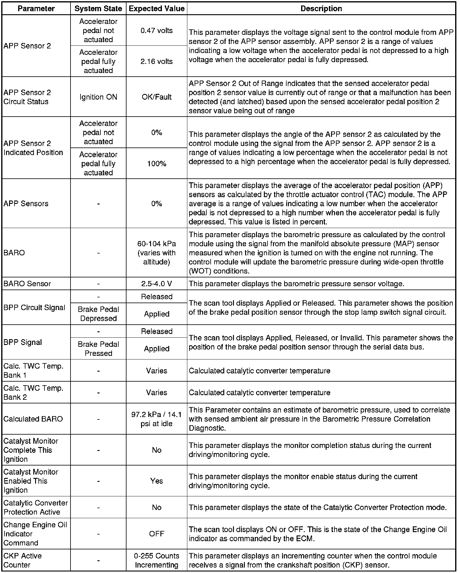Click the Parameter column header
pos(36,8)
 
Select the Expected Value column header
pos(156,8)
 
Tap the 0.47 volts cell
pos(156,31)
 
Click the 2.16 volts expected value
pos(156,61)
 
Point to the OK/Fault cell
pos(156,97)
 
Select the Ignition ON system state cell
pos(98,97)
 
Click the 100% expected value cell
pos(156,164)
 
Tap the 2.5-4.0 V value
pos(156,284)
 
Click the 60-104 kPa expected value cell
pos(156,253)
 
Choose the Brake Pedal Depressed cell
pos(98,314)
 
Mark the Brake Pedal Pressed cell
pos(98,349)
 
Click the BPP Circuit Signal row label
pos(34,308)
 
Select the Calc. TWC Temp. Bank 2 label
pos(33,392)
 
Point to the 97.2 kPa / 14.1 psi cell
pos(156,419)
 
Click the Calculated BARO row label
pos(33,419)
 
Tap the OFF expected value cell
pos(156,534)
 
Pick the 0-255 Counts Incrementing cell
pos(156,560)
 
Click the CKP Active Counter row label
pos(22,560)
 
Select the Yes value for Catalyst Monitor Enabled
pos(156,481)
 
